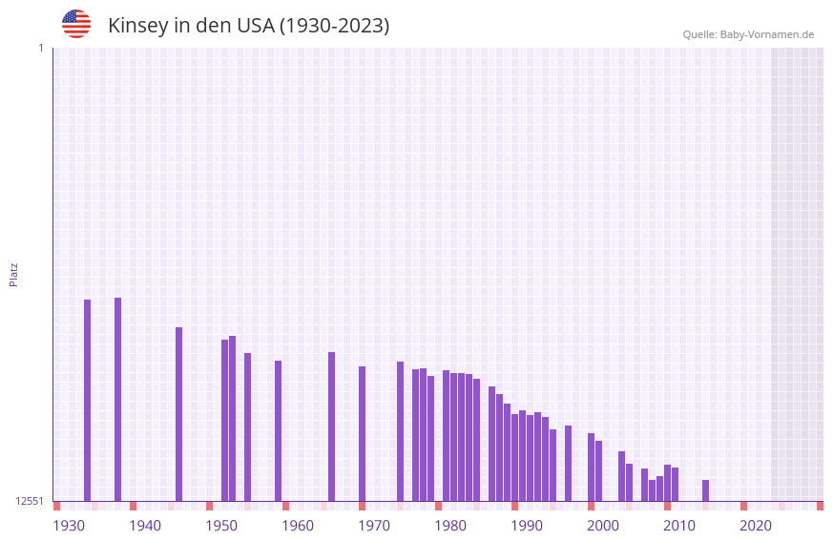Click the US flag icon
[76, 24]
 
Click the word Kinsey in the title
[137, 26]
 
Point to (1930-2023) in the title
[333, 26]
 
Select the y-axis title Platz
[13, 274]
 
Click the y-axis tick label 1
[40, 48]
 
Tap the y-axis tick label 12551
[30, 501]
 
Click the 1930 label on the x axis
[69, 525]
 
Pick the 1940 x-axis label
[145, 525]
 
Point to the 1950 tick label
[221, 525]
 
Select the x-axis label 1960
[298, 525]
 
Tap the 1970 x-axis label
[374, 525]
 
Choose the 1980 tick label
[450, 525]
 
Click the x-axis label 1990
[527, 525]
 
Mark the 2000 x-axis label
[603, 525]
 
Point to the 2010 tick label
[679, 525]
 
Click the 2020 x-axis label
[756, 525]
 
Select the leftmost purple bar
[87, 400]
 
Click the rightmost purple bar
[705, 490]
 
